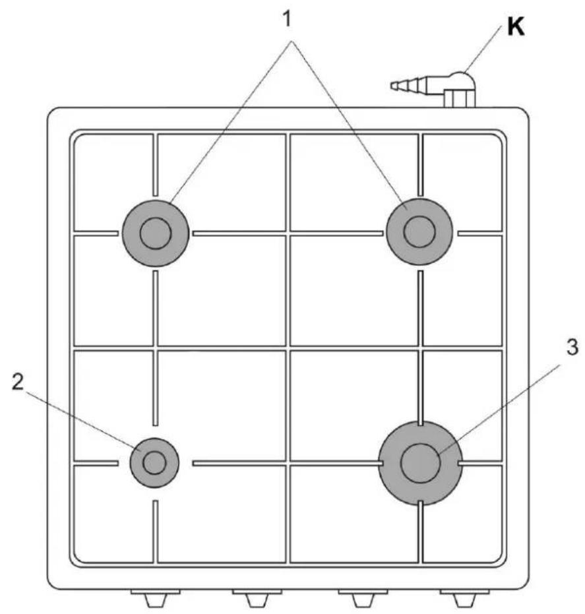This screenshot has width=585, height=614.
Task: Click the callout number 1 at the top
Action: point(288,19)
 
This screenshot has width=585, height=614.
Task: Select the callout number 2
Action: point(18,382)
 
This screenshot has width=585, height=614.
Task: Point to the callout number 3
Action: point(572,347)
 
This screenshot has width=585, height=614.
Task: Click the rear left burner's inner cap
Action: point(156,233)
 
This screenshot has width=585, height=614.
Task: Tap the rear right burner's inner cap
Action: point(419,231)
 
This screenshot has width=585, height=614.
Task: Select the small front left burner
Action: point(154,462)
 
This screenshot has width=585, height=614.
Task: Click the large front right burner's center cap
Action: point(420,463)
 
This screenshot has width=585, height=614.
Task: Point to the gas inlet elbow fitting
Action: point(460,82)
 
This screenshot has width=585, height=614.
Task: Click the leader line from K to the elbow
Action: point(483,49)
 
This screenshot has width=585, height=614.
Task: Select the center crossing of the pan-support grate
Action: point(288,348)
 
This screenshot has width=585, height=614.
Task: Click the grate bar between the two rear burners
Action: point(288,233)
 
